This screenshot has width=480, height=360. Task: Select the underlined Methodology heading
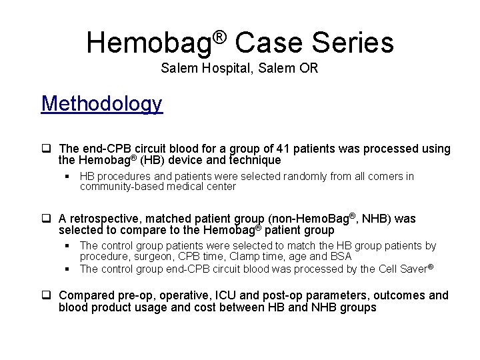101,104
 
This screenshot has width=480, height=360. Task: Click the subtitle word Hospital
217,68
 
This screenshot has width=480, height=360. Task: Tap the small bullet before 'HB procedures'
68,177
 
